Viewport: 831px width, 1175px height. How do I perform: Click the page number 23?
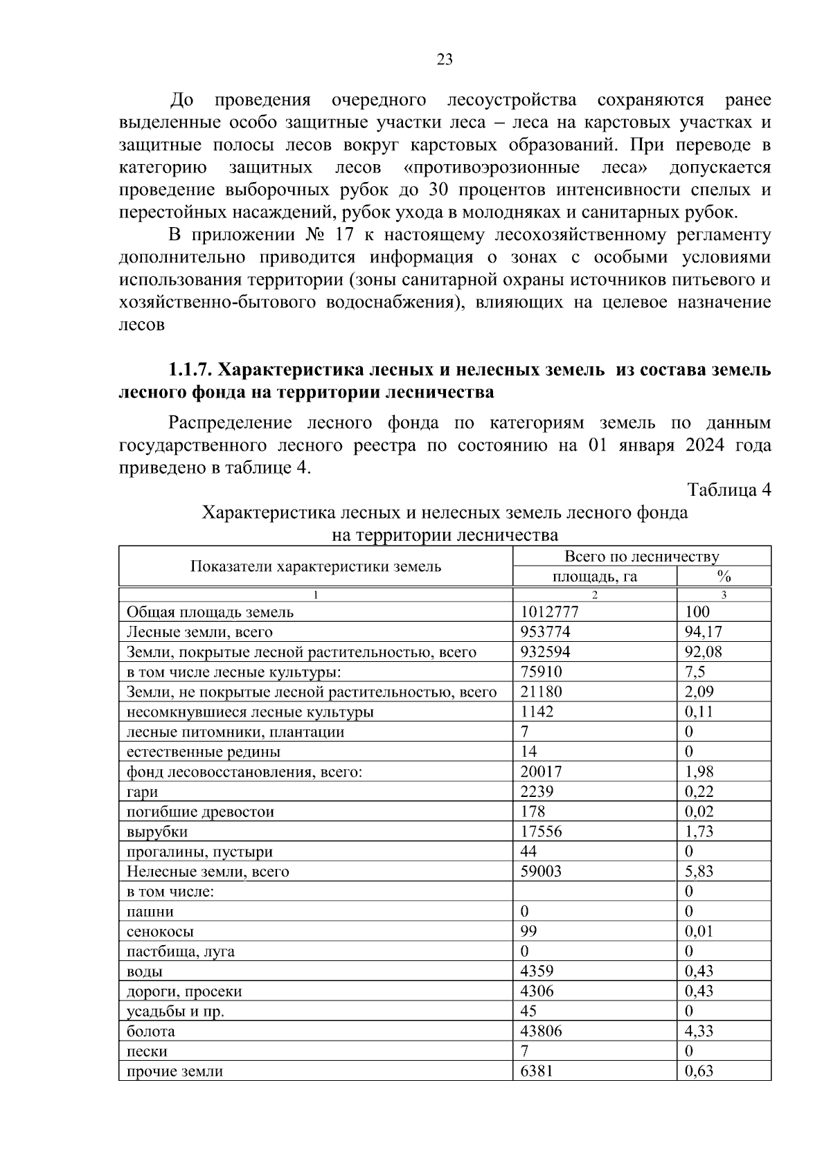[x=445, y=60]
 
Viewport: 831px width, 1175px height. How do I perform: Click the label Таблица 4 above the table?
[x=729, y=490]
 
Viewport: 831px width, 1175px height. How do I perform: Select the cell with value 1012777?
[x=549, y=612]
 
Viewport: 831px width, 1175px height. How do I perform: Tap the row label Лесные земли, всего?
[x=199, y=632]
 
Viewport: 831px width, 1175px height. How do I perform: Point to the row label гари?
[x=142, y=792]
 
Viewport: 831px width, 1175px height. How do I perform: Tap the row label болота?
[x=150, y=1032]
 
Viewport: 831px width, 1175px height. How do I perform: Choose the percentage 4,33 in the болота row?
[x=699, y=1032]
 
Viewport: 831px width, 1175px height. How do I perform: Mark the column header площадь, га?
[x=594, y=577]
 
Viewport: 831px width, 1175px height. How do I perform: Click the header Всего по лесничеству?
[x=641, y=557]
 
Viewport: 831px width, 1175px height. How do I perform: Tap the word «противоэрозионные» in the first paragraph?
[x=491, y=168]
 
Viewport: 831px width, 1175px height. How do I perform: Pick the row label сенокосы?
[x=160, y=932]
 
